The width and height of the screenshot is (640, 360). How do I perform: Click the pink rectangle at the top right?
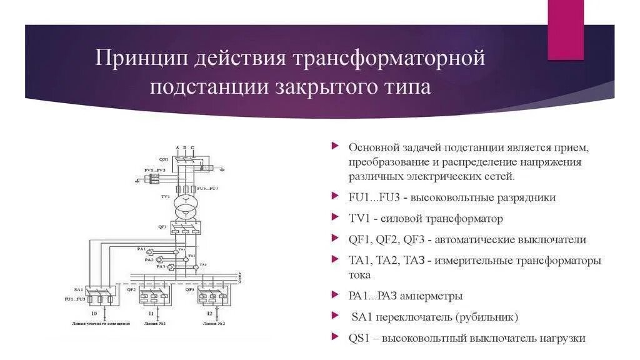(x=566, y=29)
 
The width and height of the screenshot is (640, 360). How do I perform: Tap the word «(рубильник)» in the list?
(x=486, y=317)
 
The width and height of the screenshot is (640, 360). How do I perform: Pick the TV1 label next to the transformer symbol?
(x=165, y=196)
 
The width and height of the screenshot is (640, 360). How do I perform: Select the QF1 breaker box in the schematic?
(x=186, y=230)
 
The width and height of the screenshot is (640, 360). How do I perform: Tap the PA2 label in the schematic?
(x=149, y=259)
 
